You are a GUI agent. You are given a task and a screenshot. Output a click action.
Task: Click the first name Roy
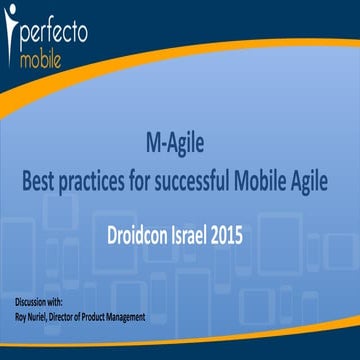coord(21,317)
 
